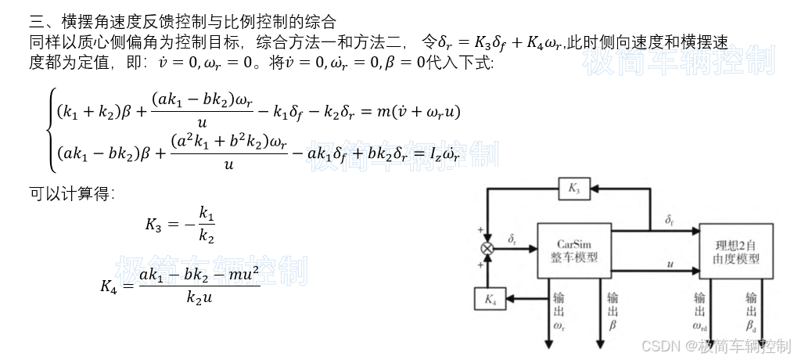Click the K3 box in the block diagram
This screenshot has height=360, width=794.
573,188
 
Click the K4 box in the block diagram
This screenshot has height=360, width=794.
490,298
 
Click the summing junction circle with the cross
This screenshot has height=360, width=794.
487,248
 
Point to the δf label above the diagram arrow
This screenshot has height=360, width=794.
670,220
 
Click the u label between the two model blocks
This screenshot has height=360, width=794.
670,265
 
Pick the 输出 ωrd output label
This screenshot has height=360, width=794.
700,311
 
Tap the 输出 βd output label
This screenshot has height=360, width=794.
751,311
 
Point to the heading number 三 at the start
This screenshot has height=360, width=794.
36,22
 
